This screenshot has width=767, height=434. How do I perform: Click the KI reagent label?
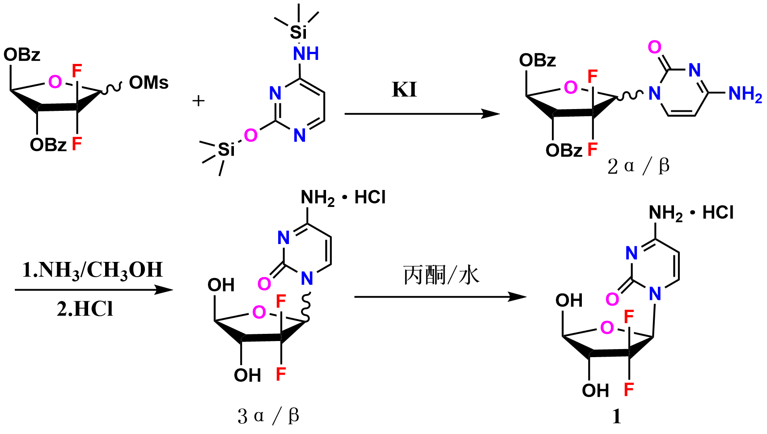404,90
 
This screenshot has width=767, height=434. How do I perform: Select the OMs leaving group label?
148,83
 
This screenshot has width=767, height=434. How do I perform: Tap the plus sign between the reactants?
198,101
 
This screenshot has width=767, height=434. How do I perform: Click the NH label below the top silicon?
306,54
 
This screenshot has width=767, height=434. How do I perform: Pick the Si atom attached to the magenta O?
226,149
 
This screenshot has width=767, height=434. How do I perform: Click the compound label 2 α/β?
638,166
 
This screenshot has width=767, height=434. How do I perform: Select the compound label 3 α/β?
268,416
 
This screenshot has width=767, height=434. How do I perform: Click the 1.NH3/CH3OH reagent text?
93,270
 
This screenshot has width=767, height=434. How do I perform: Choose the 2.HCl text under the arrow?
85,309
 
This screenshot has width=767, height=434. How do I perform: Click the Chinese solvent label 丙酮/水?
441,275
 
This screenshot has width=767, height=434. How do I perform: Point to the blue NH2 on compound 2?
745,94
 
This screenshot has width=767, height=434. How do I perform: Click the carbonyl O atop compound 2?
654,47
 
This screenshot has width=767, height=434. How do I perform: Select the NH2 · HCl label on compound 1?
691,213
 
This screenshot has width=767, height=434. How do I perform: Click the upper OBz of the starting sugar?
22,55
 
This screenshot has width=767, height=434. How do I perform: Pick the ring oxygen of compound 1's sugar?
607,328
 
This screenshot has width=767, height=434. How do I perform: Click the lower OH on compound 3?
247,375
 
